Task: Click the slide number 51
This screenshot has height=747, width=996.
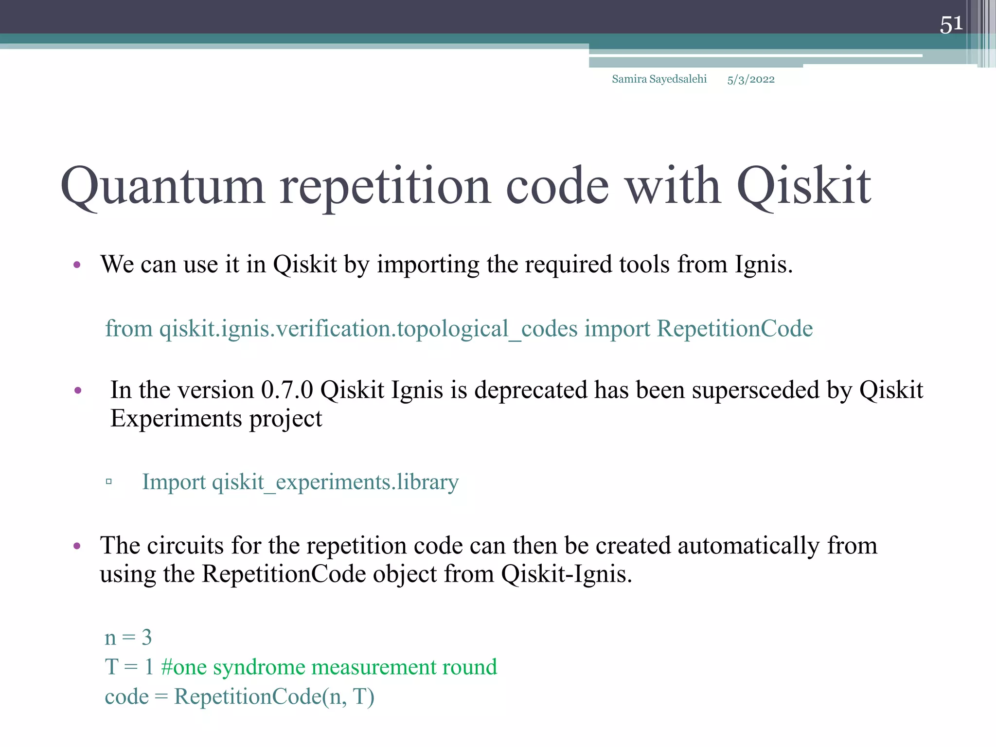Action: (951, 24)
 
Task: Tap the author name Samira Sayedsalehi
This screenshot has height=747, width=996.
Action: (659, 79)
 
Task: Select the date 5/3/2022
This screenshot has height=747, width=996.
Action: (750, 80)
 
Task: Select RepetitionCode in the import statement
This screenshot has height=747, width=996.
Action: (734, 329)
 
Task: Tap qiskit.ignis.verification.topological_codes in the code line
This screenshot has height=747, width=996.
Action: (368, 329)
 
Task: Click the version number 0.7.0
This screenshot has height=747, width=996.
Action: (287, 391)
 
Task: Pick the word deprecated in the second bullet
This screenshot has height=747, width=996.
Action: (531, 391)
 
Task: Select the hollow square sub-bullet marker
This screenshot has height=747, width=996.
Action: (109, 482)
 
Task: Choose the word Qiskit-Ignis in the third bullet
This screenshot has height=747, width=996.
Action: (566, 574)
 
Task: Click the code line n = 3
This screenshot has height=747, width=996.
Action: (128, 638)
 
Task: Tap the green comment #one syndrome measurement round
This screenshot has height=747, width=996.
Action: (329, 667)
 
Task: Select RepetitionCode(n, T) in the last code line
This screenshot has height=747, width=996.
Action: (274, 697)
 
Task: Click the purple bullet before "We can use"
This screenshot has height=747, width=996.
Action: (77, 266)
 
